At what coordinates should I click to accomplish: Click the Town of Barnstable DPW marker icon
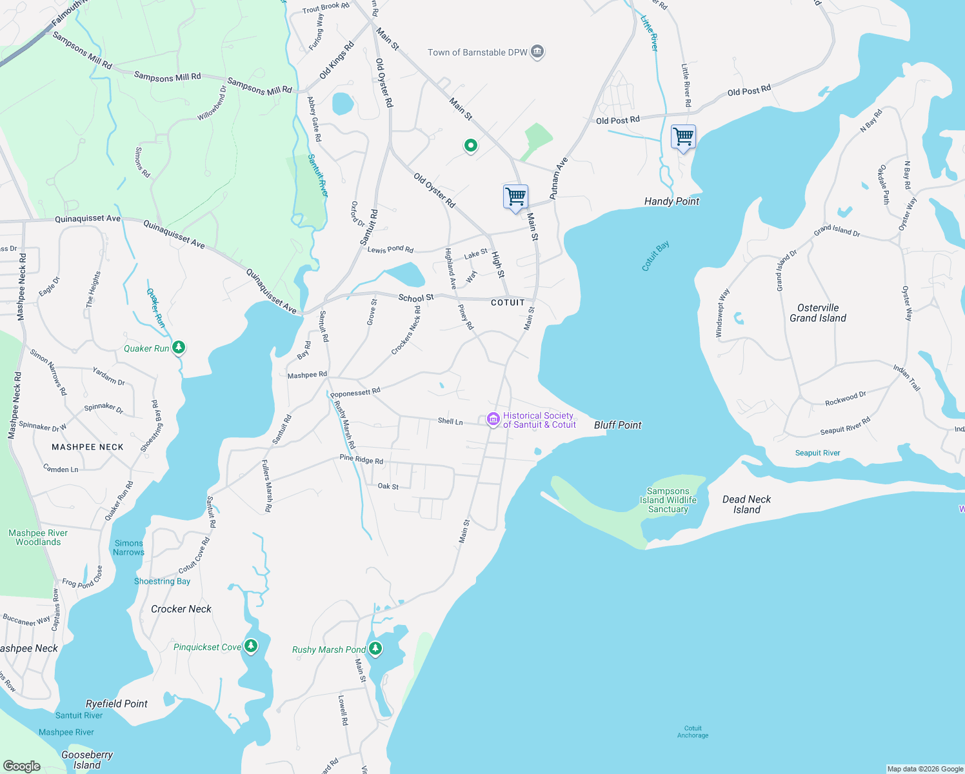[x=537, y=52]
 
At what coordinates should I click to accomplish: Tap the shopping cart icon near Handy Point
[x=683, y=137]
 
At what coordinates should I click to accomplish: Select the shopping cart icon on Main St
[x=515, y=196]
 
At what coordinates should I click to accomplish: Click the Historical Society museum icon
[x=493, y=420]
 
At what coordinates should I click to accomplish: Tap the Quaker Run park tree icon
[x=179, y=348]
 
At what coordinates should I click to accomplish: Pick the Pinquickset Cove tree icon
[x=251, y=646]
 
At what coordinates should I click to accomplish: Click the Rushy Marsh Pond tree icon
[x=375, y=648]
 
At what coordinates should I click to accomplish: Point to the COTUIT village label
[x=508, y=303]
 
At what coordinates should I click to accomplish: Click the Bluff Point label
[x=617, y=425]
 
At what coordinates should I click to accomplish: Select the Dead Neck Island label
[x=746, y=504]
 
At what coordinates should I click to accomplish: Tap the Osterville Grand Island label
[x=817, y=313]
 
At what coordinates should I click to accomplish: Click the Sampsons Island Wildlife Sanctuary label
[x=668, y=500]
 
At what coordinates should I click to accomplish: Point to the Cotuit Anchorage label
[x=693, y=731]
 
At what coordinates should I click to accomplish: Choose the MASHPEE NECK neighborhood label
[x=87, y=447]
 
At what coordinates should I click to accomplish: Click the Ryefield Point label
[x=117, y=704]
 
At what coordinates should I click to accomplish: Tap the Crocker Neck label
[x=181, y=609]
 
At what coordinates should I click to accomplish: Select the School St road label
[x=416, y=298]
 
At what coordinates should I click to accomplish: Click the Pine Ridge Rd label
[x=361, y=460]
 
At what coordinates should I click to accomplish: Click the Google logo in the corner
[x=22, y=766]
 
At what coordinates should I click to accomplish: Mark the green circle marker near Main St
[x=471, y=146]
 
